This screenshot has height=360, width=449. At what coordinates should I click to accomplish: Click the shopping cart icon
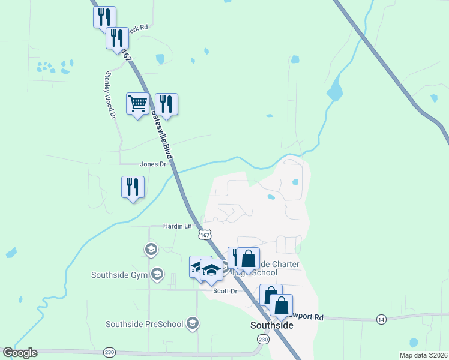(137, 104)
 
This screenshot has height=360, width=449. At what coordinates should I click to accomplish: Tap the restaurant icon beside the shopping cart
(166, 104)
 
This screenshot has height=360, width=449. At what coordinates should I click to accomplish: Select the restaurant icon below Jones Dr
(133, 187)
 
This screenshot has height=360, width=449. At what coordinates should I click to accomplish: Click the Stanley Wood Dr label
(110, 95)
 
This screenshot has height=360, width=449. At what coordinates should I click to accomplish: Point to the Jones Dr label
(152, 164)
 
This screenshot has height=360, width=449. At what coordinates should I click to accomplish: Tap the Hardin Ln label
(177, 226)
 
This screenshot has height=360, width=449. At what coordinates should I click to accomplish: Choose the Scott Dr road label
(226, 291)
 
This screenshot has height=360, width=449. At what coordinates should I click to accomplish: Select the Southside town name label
(271, 325)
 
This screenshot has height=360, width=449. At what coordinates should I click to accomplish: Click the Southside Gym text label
(119, 275)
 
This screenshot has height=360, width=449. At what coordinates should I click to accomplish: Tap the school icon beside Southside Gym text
(157, 274)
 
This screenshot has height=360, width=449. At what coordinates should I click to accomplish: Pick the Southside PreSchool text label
(144, 325)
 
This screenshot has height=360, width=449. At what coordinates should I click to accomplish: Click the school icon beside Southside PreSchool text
(193, 324)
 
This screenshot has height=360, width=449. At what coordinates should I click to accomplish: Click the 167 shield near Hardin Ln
(205, 235)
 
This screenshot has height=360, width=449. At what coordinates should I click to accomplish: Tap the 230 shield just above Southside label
(263, 339)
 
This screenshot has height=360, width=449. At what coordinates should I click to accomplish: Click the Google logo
(20, 353)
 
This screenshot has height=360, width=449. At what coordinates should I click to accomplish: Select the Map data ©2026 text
(424, 355)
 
